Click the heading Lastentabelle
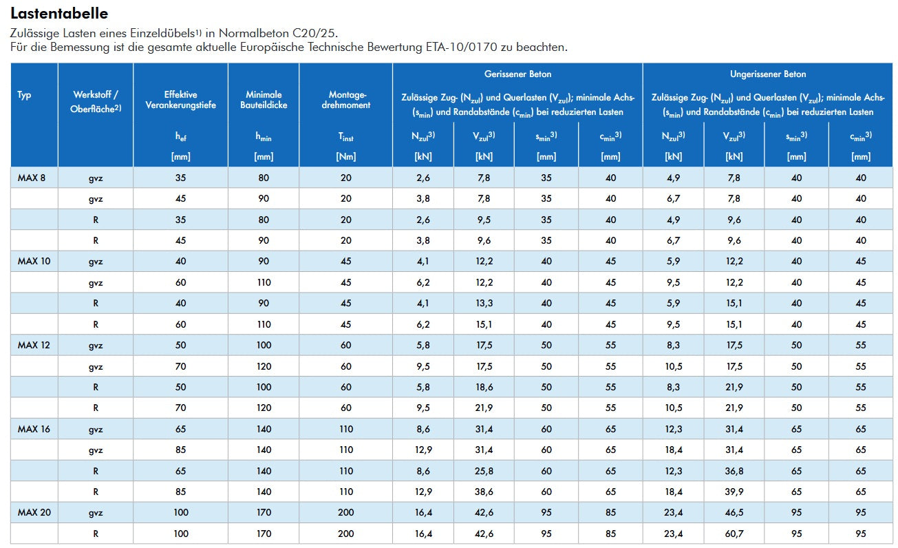(59, 14)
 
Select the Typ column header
(24, 95)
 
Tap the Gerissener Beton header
(517, 74)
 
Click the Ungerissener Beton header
(768, 74)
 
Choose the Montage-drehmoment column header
(346, 100)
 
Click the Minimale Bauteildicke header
(264, 100)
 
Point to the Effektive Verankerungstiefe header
(181, 100)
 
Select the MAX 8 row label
(31, 178)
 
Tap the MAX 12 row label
(34, 345)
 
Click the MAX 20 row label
(34, 512)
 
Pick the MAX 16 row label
(34, 429)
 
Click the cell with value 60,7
(734, 534)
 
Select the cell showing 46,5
(734, 512)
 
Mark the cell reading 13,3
(484, 303)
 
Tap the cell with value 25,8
(484, 471)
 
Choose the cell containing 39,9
(734, 492)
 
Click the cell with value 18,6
(484, 387)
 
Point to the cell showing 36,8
(734, 471)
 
